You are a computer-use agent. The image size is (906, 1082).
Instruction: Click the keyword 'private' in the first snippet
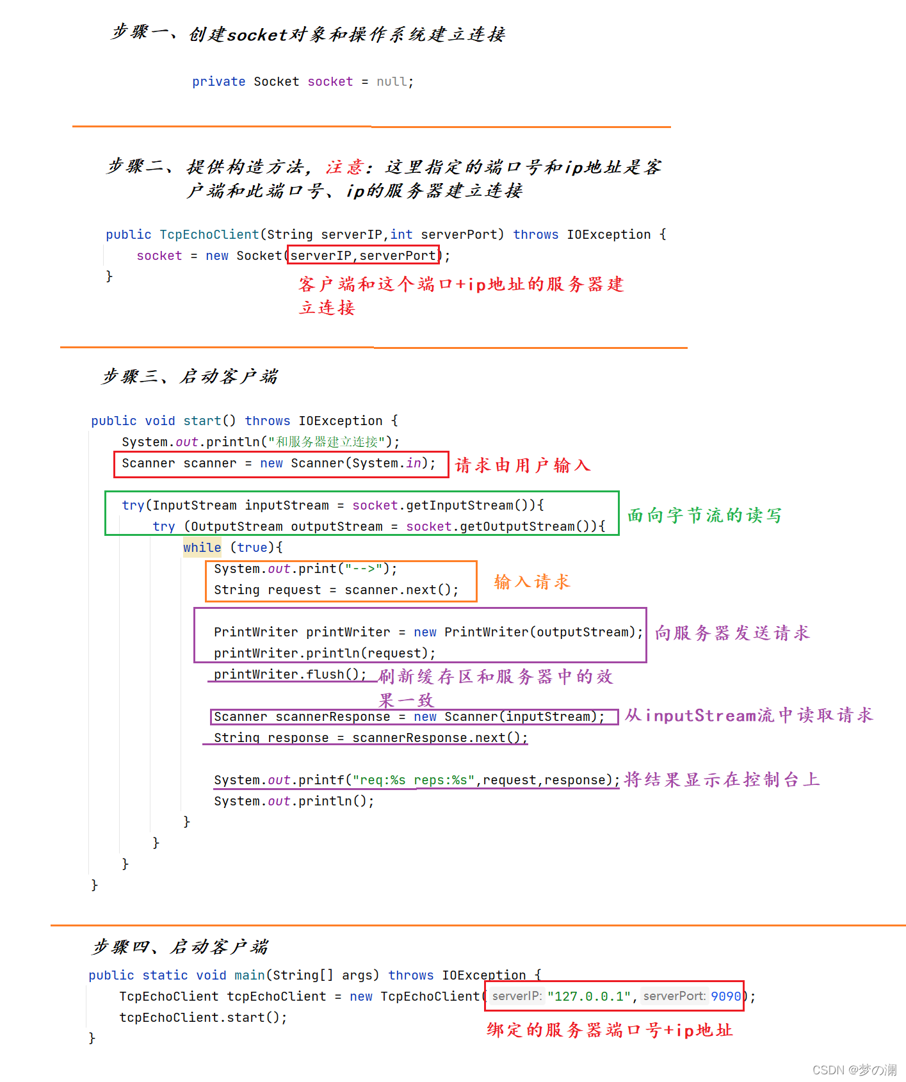pos(218,81)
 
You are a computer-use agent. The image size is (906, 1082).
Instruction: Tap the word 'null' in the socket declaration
pos(392,81)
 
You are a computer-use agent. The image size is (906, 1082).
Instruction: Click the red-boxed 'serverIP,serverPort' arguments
pos(363,255)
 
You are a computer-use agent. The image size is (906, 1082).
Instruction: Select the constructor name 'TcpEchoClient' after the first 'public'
pos(209,234)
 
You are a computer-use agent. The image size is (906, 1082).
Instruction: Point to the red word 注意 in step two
pos(344,167)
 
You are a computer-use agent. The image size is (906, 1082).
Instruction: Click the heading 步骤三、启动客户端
pos(190,376)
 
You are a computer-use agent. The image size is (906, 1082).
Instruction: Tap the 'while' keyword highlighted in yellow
pos(202,547)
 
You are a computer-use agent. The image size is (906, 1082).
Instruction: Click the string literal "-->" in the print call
pos(364,569)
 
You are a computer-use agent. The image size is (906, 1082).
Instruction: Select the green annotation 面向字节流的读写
pos(704,515)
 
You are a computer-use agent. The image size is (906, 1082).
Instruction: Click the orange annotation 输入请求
pos(531,582)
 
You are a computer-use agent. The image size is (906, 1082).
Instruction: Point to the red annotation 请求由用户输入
pos(522,465)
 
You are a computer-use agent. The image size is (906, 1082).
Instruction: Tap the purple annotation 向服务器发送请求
pos(732,633)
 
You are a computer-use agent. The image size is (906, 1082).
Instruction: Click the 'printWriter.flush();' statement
pos(289,674)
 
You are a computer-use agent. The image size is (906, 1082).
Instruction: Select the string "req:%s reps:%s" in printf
pos(414,780)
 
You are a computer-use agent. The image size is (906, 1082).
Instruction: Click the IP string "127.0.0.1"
pos(589,996)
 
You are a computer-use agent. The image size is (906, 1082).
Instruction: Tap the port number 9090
pos(725,996)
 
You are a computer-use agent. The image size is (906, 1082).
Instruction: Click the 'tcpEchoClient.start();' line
pos(203,1017)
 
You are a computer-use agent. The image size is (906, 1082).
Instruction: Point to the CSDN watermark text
pos(854,1070)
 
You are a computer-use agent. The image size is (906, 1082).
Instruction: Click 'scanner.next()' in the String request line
pos(401,590)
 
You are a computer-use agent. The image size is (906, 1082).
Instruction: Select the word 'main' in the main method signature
pos(250,975)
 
